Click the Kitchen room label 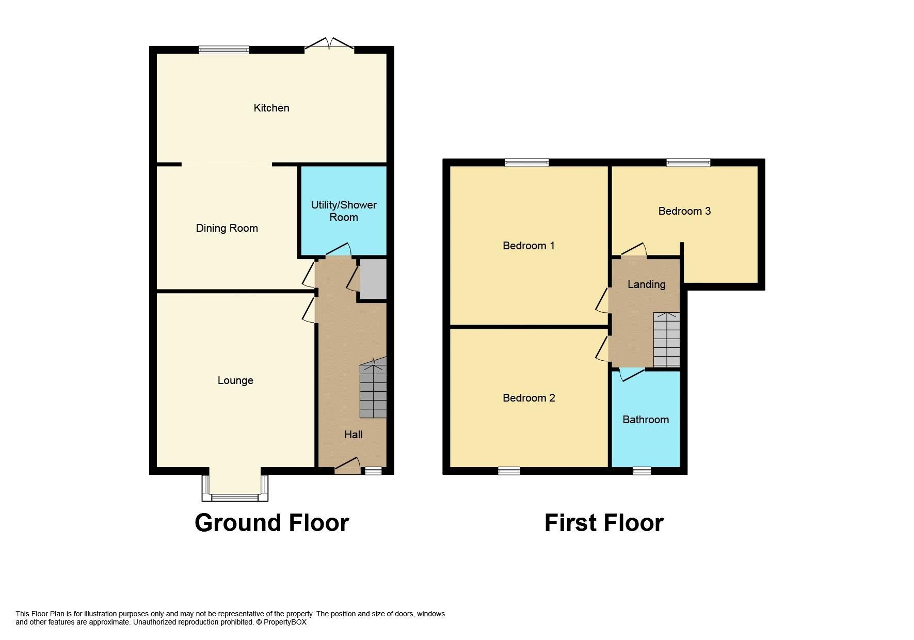pyautogui.click(x=271, y=108)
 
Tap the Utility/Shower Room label pyautogui.click(x=343, y=211)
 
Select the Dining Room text pyautogui.click(x=227, y=228)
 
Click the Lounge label pyautogui.click(x=235, y=380)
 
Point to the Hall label pyautogui.click(x=353, y=435)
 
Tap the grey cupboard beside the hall pyautogui.click(x=373, y=279)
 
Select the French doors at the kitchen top pyautogui.click(x=329, y=46)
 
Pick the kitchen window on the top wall pyautogui.click(x=224, y=50)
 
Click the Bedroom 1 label pyautogui.click(x=528, y=246)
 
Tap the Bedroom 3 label pyautogui.click(x=684, y=211)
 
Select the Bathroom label pyautogui.click(x=646, y=420)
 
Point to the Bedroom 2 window pyautogui.click(x=509, y=470)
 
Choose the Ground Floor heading pyautogui.click(x=271, y=523)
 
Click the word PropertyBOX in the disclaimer pyautogui.click(x=285, y=622)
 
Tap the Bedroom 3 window pyautogui.click(x=688, y=163)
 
